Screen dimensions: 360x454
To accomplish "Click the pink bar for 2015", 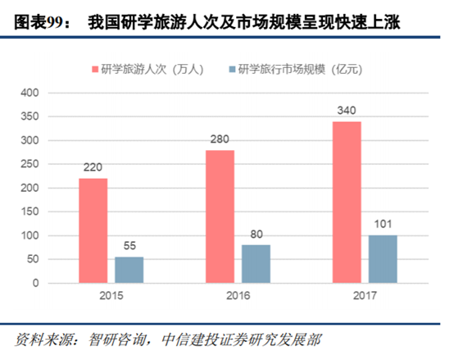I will click(x=93, y=230).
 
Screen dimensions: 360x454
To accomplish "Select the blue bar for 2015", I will click(x=129, y=270).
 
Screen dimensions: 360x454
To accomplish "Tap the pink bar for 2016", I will click(x=220, y=216).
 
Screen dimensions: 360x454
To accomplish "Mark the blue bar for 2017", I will click(x=383, y=259).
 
